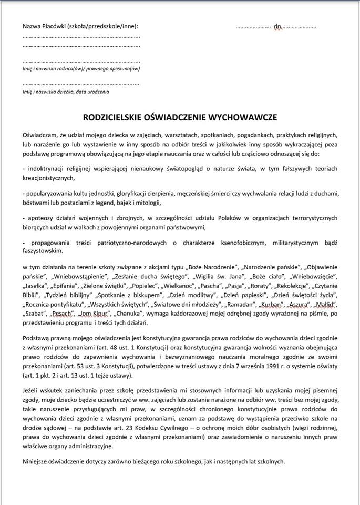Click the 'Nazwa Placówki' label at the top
pyautogui.click(x=45, y=26)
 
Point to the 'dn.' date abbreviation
pyautogui.click(x=278, y=26)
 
